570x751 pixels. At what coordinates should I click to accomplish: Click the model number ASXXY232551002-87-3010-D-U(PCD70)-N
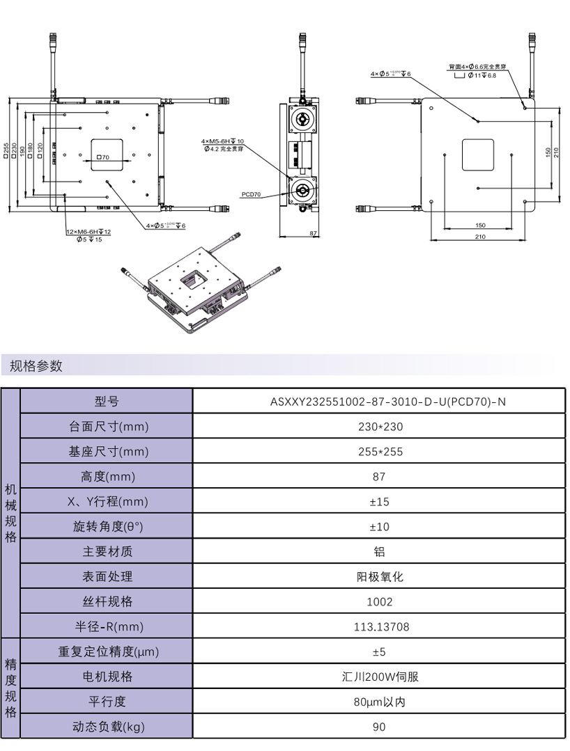(x=378, y=402)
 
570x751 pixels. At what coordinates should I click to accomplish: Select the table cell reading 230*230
(x=378, y=427)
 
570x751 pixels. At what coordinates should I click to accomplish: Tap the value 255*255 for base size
(x=378, y=452)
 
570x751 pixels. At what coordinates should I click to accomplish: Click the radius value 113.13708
(x=378, y=626)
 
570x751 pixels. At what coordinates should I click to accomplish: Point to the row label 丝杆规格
(x=107, y=601)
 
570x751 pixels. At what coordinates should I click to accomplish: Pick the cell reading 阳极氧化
(x=378, y=576)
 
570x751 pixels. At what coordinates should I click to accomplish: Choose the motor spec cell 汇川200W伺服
(x=378, y=677)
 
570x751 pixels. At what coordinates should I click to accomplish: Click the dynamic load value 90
(x=378, y=727)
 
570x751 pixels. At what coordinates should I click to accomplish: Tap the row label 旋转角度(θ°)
(x=107, y=527)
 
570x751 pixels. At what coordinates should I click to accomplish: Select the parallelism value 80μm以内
(x=378, y=702)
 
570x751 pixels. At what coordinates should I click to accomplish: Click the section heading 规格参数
(x=36, y=365)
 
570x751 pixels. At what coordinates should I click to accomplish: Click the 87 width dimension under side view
(x=313, y=234)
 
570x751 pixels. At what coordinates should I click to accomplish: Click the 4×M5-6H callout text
(x=222, y=141)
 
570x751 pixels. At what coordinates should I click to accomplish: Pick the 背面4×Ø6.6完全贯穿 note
(x=477, y=67)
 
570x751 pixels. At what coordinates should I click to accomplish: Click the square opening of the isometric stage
(x=193, y=278)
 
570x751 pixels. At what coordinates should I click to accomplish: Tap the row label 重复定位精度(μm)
(x=107, y=651)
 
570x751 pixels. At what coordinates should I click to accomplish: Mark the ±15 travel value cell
(x=378, y=502)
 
